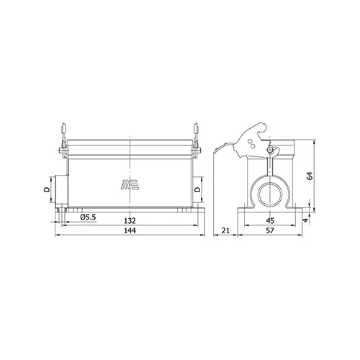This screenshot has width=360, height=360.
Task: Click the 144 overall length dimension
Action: [130, 230]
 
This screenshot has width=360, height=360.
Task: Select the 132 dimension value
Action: [130, 220]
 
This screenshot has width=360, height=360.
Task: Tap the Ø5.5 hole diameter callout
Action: [88, 217]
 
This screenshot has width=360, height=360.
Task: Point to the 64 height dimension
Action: [310, 176]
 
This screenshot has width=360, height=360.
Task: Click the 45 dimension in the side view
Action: [270, 220]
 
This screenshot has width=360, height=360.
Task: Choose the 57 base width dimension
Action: [270, 230]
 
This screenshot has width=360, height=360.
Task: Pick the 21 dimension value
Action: [225, 230]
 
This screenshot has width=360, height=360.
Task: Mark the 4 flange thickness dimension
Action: [305, 220]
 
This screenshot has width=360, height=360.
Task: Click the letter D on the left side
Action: [47, 189]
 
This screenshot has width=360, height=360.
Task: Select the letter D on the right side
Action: [197, 189]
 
